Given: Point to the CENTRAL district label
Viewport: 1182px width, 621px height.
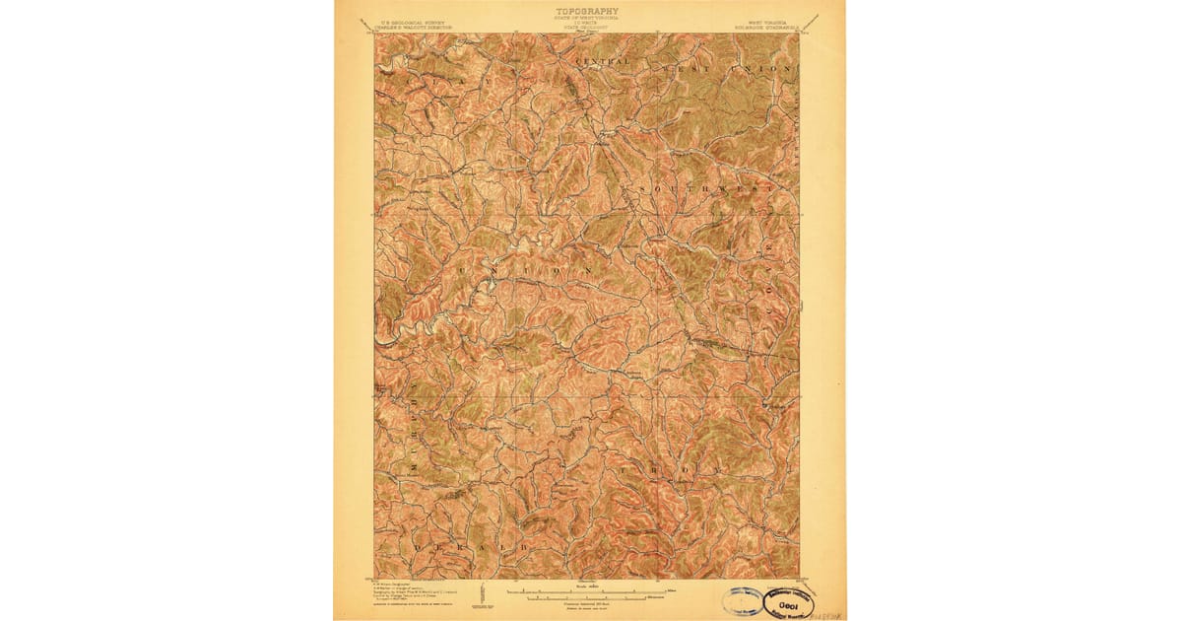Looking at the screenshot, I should pyautogui.click(x=608, y=63).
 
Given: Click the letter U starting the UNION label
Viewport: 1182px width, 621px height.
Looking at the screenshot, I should pyautogui.click(x=461, y=268).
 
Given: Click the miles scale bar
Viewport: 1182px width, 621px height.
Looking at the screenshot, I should pyautogui.click(x=586, y=590).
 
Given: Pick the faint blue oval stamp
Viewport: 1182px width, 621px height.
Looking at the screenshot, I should pyautogui.click(x=740, y=600).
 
